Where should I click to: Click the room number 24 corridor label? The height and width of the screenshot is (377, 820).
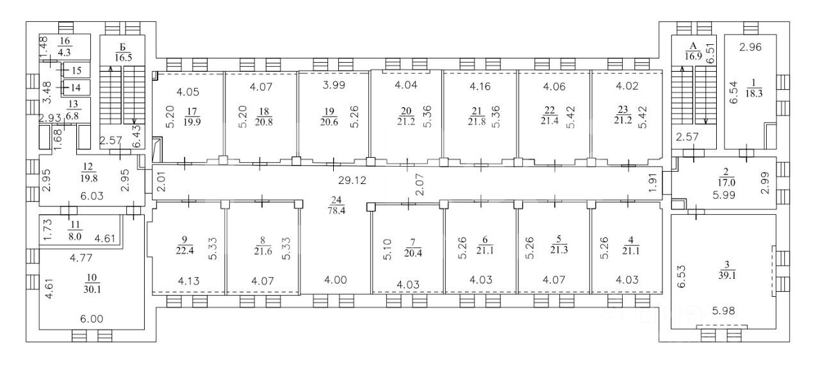tap(336, 200)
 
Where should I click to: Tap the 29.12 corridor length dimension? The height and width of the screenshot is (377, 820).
tap(352, 180)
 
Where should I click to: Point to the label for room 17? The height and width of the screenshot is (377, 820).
tap(192, 112)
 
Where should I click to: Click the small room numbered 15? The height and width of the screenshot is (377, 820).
tap(76, 71)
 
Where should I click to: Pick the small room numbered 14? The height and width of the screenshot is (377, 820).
tap(76, 88)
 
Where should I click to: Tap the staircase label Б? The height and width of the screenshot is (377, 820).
tap(123, 47)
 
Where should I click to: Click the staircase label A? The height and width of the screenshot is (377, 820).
tap(693, 46)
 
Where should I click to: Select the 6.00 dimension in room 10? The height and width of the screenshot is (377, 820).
tap(92, 319)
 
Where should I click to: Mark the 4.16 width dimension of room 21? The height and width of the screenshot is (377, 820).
tap(480, 87)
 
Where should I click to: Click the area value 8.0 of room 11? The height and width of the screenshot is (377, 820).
tap(75, 237)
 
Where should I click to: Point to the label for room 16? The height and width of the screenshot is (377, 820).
tap(65, 41)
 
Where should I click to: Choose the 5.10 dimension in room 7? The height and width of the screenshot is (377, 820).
tap(388, 249)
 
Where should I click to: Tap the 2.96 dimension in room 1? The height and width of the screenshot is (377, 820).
tap(750, 47)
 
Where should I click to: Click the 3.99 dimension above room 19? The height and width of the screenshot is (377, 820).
tap(334, 85)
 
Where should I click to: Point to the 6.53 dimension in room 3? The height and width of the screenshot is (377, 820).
tap(682, 276)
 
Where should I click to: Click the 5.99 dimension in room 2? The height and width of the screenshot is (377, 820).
tap(724, 195)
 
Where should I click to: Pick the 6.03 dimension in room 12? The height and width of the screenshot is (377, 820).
tap(92, 196)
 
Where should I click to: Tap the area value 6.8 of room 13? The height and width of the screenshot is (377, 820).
tap(72, 116)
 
